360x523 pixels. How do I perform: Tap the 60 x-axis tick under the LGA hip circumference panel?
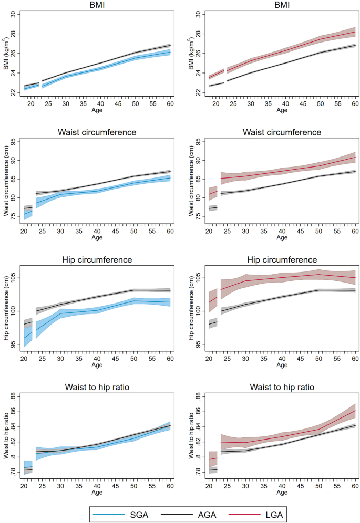pyautogui.click(x=355, y=358)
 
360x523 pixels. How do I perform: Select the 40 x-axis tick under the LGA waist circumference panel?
pyautogui.click(x=284, y=231)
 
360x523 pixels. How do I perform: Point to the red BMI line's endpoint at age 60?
pyautogui.click(x=355, y=32)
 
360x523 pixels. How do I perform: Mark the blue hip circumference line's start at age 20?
pyautogui.click(x=24, y=338)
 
